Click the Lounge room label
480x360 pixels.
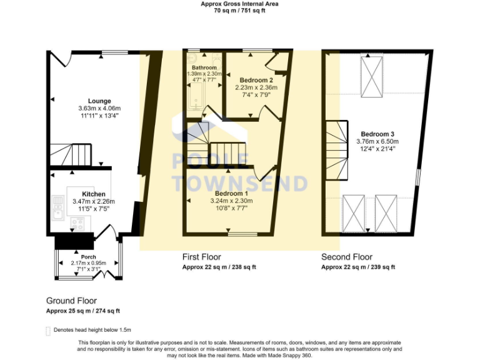point(99,101)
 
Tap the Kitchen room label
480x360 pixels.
point(93,194)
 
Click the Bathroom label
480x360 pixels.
point(204,67)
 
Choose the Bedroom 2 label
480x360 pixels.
point(256,80)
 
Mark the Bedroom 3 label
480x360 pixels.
point(377,134)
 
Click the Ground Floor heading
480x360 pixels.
point(71,301)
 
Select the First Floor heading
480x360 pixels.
point(201,257)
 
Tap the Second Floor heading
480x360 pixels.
point(347,257)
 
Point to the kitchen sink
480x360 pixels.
point(58,209)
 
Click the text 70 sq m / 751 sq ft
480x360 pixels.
point(239,11)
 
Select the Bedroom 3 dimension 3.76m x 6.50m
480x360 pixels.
point(377,141)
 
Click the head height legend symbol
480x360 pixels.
point(49,330)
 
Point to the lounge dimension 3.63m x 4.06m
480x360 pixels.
point(99,108)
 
